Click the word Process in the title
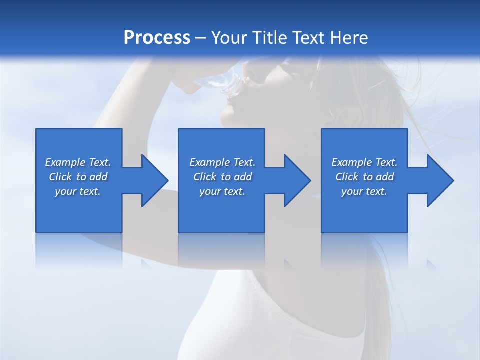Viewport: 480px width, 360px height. point(157,38)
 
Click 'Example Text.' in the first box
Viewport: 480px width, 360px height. point(78,162)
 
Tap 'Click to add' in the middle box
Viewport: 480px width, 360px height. point(222,177)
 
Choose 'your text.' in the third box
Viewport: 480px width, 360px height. point(364,191)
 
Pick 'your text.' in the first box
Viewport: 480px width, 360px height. point(78,191)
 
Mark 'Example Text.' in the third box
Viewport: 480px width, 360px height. point(364,162)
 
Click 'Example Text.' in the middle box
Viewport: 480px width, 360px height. point(222,162)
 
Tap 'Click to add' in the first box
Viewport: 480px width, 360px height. point(78,177)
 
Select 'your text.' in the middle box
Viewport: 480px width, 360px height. point(222,191)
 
